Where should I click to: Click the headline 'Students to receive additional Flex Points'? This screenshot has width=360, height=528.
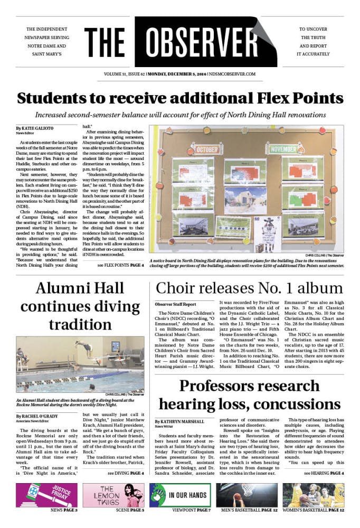pos(179,98)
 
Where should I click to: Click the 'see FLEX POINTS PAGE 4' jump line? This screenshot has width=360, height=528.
pos(120,265)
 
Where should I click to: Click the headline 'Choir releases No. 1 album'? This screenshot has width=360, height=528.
pos(249,288)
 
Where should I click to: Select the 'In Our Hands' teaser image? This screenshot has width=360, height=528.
pos(179,495)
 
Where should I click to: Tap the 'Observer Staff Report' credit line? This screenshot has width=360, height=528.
pos(175,305)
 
